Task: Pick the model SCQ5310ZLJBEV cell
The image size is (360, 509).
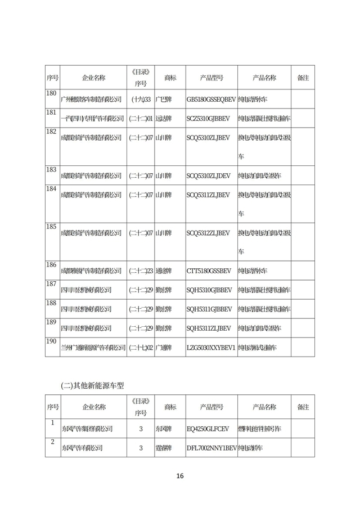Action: click(208, 137)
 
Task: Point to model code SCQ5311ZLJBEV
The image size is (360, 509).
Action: click(208, 195)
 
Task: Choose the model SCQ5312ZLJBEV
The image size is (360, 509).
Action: click(208, 233)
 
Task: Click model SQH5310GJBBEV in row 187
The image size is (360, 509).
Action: click(208, 290)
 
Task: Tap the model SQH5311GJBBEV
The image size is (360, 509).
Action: click(208, 309)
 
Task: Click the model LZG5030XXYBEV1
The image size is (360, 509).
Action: click(211, 348)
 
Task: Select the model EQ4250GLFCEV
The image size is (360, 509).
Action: click(208, 429)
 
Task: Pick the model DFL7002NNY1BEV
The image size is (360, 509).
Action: click(211, 448)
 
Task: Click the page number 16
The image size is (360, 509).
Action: click(179, 476)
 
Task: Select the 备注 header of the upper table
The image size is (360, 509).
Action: click(303, 77)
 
